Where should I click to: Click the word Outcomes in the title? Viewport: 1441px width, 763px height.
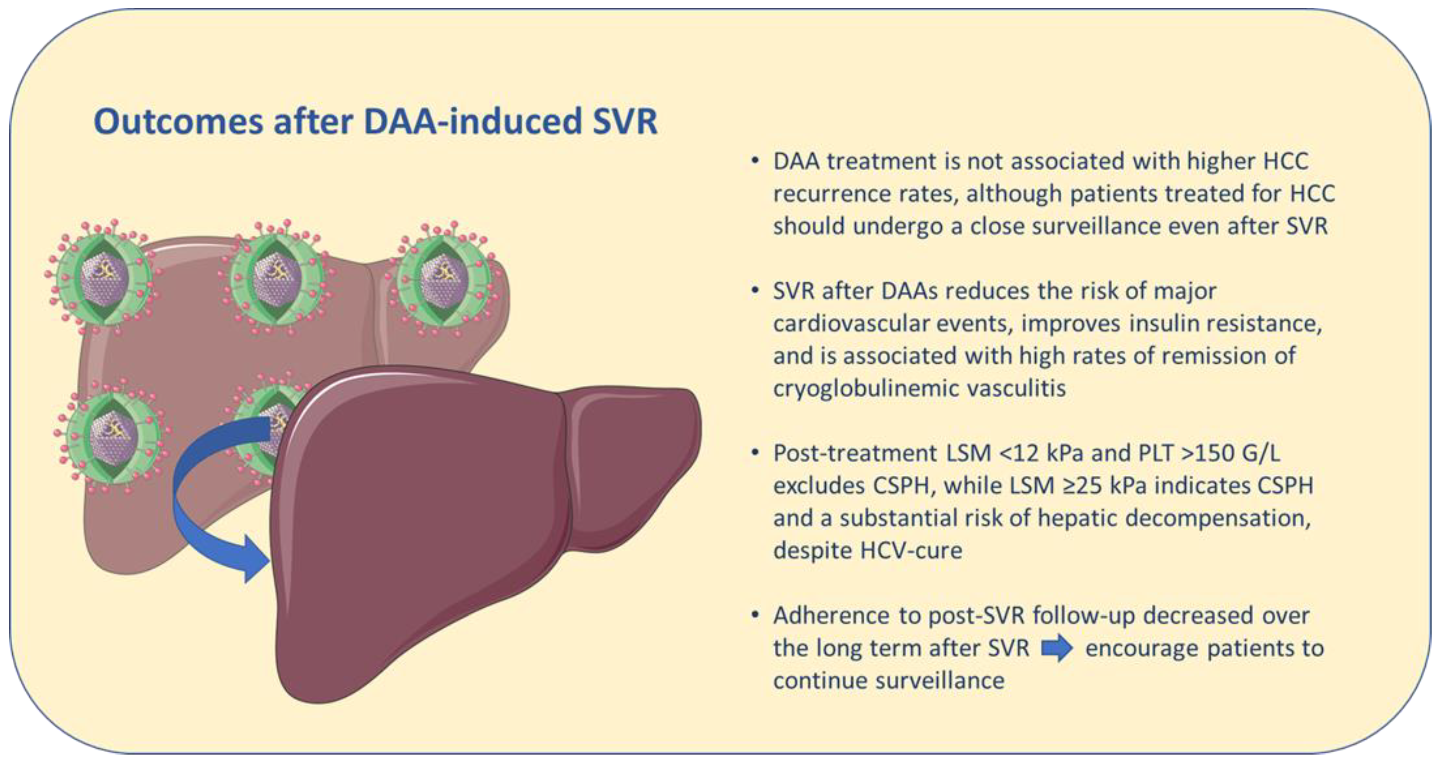pos(178,122)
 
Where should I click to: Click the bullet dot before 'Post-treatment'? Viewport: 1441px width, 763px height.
pos(755,453)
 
